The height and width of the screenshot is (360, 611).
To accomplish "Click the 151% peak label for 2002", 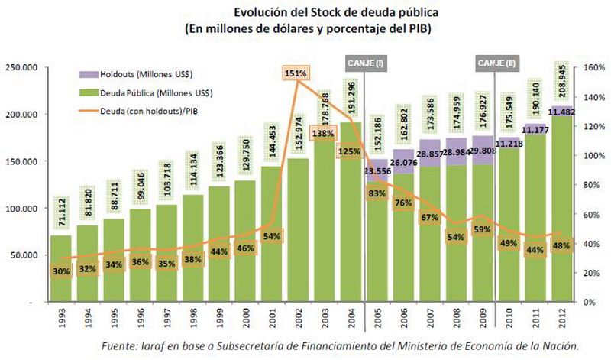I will point(296,73).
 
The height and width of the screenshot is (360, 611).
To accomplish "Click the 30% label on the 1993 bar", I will point(60,271).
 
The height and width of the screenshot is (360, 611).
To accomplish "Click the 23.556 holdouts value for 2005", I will point(376,170).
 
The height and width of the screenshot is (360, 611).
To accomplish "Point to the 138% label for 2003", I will point(322,133).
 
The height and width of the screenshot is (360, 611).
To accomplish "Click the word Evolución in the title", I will point(254,12).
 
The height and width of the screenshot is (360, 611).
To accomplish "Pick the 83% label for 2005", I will point(376,193).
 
